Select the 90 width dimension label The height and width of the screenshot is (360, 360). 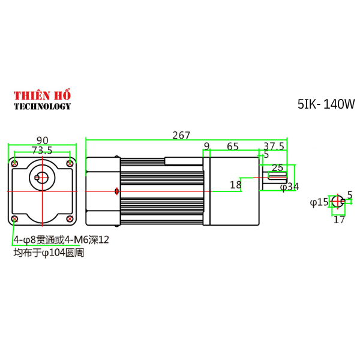42,140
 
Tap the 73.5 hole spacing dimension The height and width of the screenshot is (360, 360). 42,150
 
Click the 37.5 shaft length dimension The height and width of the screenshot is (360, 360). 274,146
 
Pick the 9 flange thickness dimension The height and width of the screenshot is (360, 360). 206,146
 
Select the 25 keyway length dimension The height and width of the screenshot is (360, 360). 277,167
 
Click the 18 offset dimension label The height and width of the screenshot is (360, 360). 236,185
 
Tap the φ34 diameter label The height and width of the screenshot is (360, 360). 289,187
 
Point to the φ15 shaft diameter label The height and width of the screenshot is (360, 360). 319,202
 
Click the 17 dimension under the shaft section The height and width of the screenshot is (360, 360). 339,220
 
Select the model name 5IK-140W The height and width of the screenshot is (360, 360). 326,104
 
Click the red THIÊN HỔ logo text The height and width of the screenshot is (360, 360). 42,95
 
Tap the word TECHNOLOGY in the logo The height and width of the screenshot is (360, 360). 42,106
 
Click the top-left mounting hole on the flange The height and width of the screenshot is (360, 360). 14,163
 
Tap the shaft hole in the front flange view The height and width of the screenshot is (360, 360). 41,176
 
